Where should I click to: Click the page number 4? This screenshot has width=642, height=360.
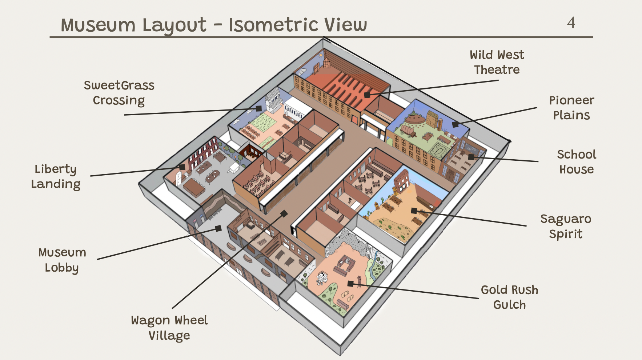571,23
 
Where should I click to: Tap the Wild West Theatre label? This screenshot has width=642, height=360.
497,62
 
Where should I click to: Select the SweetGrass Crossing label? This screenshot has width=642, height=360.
119,93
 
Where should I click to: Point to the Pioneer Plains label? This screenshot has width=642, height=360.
571,108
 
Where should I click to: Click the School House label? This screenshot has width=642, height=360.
577,162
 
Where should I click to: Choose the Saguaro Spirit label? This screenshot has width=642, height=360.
566,226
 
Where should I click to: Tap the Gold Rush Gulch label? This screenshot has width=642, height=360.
509,297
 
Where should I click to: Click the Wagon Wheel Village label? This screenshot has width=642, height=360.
169,328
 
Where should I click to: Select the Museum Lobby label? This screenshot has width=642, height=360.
62,260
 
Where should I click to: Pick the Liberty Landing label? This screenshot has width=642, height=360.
56,176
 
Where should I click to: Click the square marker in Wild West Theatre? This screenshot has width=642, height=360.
367,95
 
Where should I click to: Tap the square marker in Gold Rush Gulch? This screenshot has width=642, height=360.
350,284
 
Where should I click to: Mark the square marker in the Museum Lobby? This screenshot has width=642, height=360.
218,228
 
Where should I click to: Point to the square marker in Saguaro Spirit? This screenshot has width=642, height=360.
414,211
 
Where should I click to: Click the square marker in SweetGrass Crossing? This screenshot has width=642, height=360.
258,108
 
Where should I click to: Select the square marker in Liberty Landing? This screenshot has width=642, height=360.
182,167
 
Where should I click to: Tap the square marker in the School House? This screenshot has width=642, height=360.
471,157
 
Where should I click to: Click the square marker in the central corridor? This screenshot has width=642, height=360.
284,213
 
